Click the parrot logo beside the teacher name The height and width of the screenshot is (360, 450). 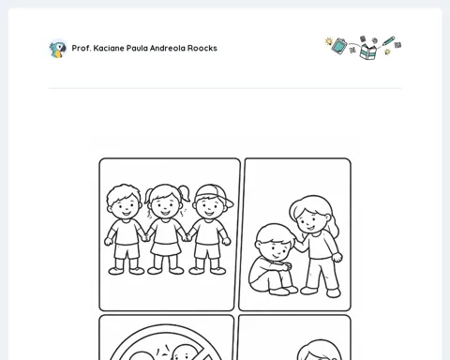(x=58, y=49)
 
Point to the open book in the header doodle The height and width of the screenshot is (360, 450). (x=367, y=52)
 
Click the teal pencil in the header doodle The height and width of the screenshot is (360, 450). (x=388, y=41)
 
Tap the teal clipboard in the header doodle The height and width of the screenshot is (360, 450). (x=339, y=46)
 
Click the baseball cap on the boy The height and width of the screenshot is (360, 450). (x=215, y=195)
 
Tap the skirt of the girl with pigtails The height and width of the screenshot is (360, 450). (x=166, y=248)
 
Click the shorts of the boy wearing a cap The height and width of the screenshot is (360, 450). (x=206, y=251)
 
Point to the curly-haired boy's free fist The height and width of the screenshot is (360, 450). (x=108, y=241)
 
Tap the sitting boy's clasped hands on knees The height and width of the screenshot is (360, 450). (x=286, y=266)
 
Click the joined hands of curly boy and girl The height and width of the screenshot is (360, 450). (x=145, y=237)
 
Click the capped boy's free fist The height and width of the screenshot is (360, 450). (x=226, y=241)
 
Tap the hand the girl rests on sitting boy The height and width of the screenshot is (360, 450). (x=298, y=245)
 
